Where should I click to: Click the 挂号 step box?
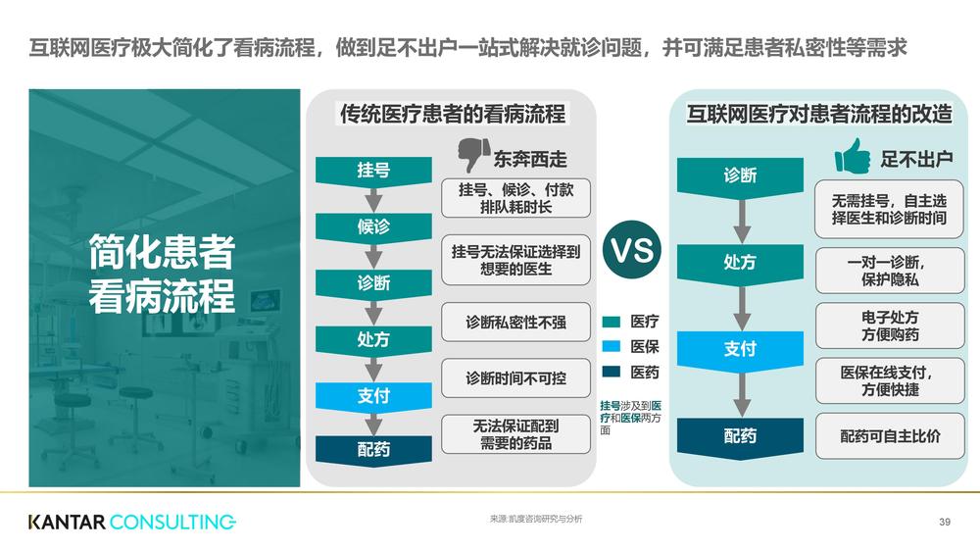click(373, 171)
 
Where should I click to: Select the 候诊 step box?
click(373, 226)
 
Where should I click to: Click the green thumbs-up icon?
click(853, 156)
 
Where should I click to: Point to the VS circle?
click(632, 250)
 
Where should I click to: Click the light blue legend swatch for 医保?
click(612, 346)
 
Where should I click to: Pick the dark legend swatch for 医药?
click(612, 373)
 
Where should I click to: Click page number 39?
click(945, 522)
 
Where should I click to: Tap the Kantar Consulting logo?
click(132, 522)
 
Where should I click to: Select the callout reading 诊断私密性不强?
click(515, 323)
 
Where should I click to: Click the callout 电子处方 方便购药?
click(890, 326)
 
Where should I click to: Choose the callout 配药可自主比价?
click(890, 436)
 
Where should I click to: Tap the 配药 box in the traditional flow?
click(373, 450)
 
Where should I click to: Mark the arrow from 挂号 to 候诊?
click(373, 199)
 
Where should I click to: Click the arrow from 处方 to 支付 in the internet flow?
click(741, 308)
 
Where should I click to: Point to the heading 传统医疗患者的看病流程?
click(453, 114)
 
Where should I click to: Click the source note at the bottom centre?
click(536, 519)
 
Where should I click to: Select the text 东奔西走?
click(530, 160)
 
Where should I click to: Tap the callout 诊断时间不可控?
click(515, 377)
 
